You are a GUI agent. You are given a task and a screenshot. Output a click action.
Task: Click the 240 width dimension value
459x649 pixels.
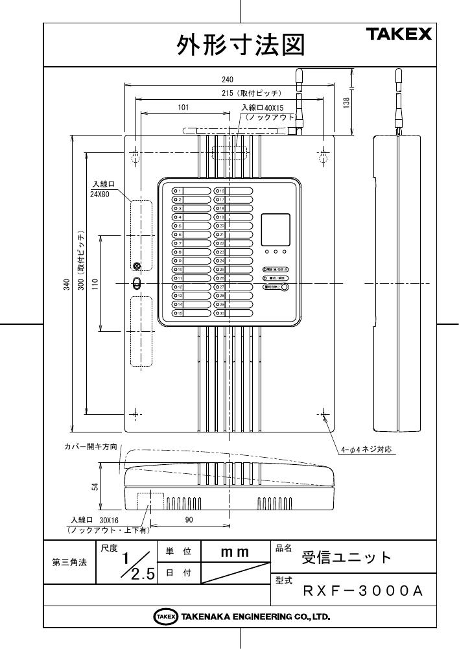pos(227,79)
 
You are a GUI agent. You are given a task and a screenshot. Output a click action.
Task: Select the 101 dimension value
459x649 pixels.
pos(183,108)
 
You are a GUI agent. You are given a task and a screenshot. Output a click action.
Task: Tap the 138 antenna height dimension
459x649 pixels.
pos(347,102)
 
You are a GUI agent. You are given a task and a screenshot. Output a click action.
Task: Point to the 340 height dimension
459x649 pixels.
pos(66,283)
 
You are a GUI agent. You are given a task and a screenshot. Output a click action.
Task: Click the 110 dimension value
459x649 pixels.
pos(94,283)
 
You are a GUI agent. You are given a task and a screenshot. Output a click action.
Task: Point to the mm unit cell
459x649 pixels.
pos(234,552)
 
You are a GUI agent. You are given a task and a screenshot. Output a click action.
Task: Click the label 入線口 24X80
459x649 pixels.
pos(102,189)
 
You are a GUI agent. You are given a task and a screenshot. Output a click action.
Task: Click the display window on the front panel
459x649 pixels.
pos(276,229)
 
